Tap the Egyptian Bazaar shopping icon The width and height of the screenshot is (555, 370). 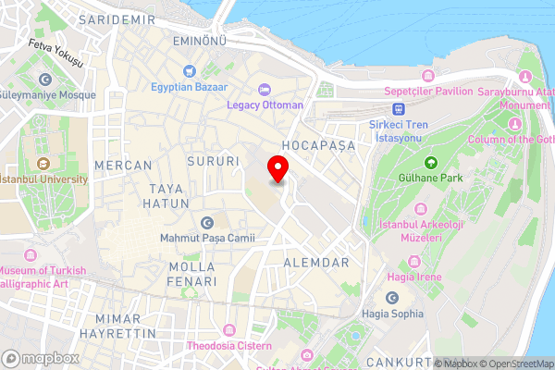click(x=190, y=70)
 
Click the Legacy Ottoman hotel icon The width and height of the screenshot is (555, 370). click(x=265, y=89)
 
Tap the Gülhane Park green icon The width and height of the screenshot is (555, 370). click(x=430, y=162)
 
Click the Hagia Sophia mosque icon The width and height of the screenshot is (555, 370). click(x=393, y=298)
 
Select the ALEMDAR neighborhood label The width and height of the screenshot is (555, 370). click(x=316, y=263)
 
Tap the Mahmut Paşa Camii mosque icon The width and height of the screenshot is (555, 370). click(x=206, y=222)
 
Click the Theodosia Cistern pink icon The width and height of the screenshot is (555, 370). click(x=228, y=329)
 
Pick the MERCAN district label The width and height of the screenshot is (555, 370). click(x=122, y=165)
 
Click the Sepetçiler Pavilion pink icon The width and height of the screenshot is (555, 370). click(x=426, y=75)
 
